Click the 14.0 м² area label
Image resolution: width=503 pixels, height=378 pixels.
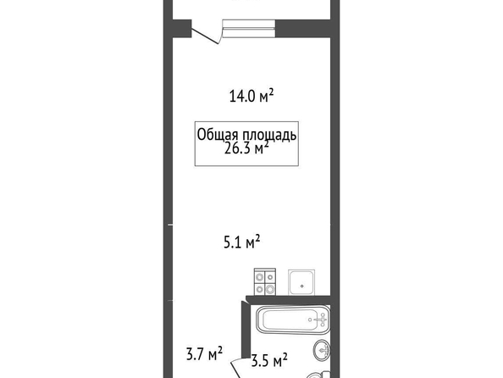tap(251, 96)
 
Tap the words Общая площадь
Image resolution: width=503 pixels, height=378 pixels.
tap(246, 135)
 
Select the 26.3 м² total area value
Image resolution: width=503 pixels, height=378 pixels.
tap(246, 148)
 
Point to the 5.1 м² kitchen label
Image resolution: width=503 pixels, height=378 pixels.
tap(241, 242)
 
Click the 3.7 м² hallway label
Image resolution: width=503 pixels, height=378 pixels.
tap(204, 353)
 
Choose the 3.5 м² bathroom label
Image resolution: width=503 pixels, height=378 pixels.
tap(269, 360)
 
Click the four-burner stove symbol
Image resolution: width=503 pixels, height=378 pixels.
tap(265, 282)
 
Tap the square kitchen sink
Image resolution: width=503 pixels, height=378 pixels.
tap(301, 282)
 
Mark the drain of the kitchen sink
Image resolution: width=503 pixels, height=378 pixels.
tap(301, 286)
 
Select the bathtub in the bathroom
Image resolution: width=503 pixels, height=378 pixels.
tap(293, 320)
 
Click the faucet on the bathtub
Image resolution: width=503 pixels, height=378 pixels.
tap(322, 320)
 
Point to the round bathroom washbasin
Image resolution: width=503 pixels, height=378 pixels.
tap(322, 350)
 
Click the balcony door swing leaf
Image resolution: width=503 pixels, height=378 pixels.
tap(205, 36)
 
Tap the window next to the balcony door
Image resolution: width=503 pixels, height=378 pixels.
tap(249, 29)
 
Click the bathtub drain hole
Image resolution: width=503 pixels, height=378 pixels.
tap(310, 320)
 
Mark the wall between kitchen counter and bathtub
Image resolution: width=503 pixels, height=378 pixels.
tap(288, 299)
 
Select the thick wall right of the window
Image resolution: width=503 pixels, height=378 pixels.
tap(303, 29)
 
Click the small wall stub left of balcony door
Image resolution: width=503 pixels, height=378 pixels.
tap(182, 29)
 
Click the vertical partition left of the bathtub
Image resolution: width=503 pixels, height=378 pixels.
tap(246, 330)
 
